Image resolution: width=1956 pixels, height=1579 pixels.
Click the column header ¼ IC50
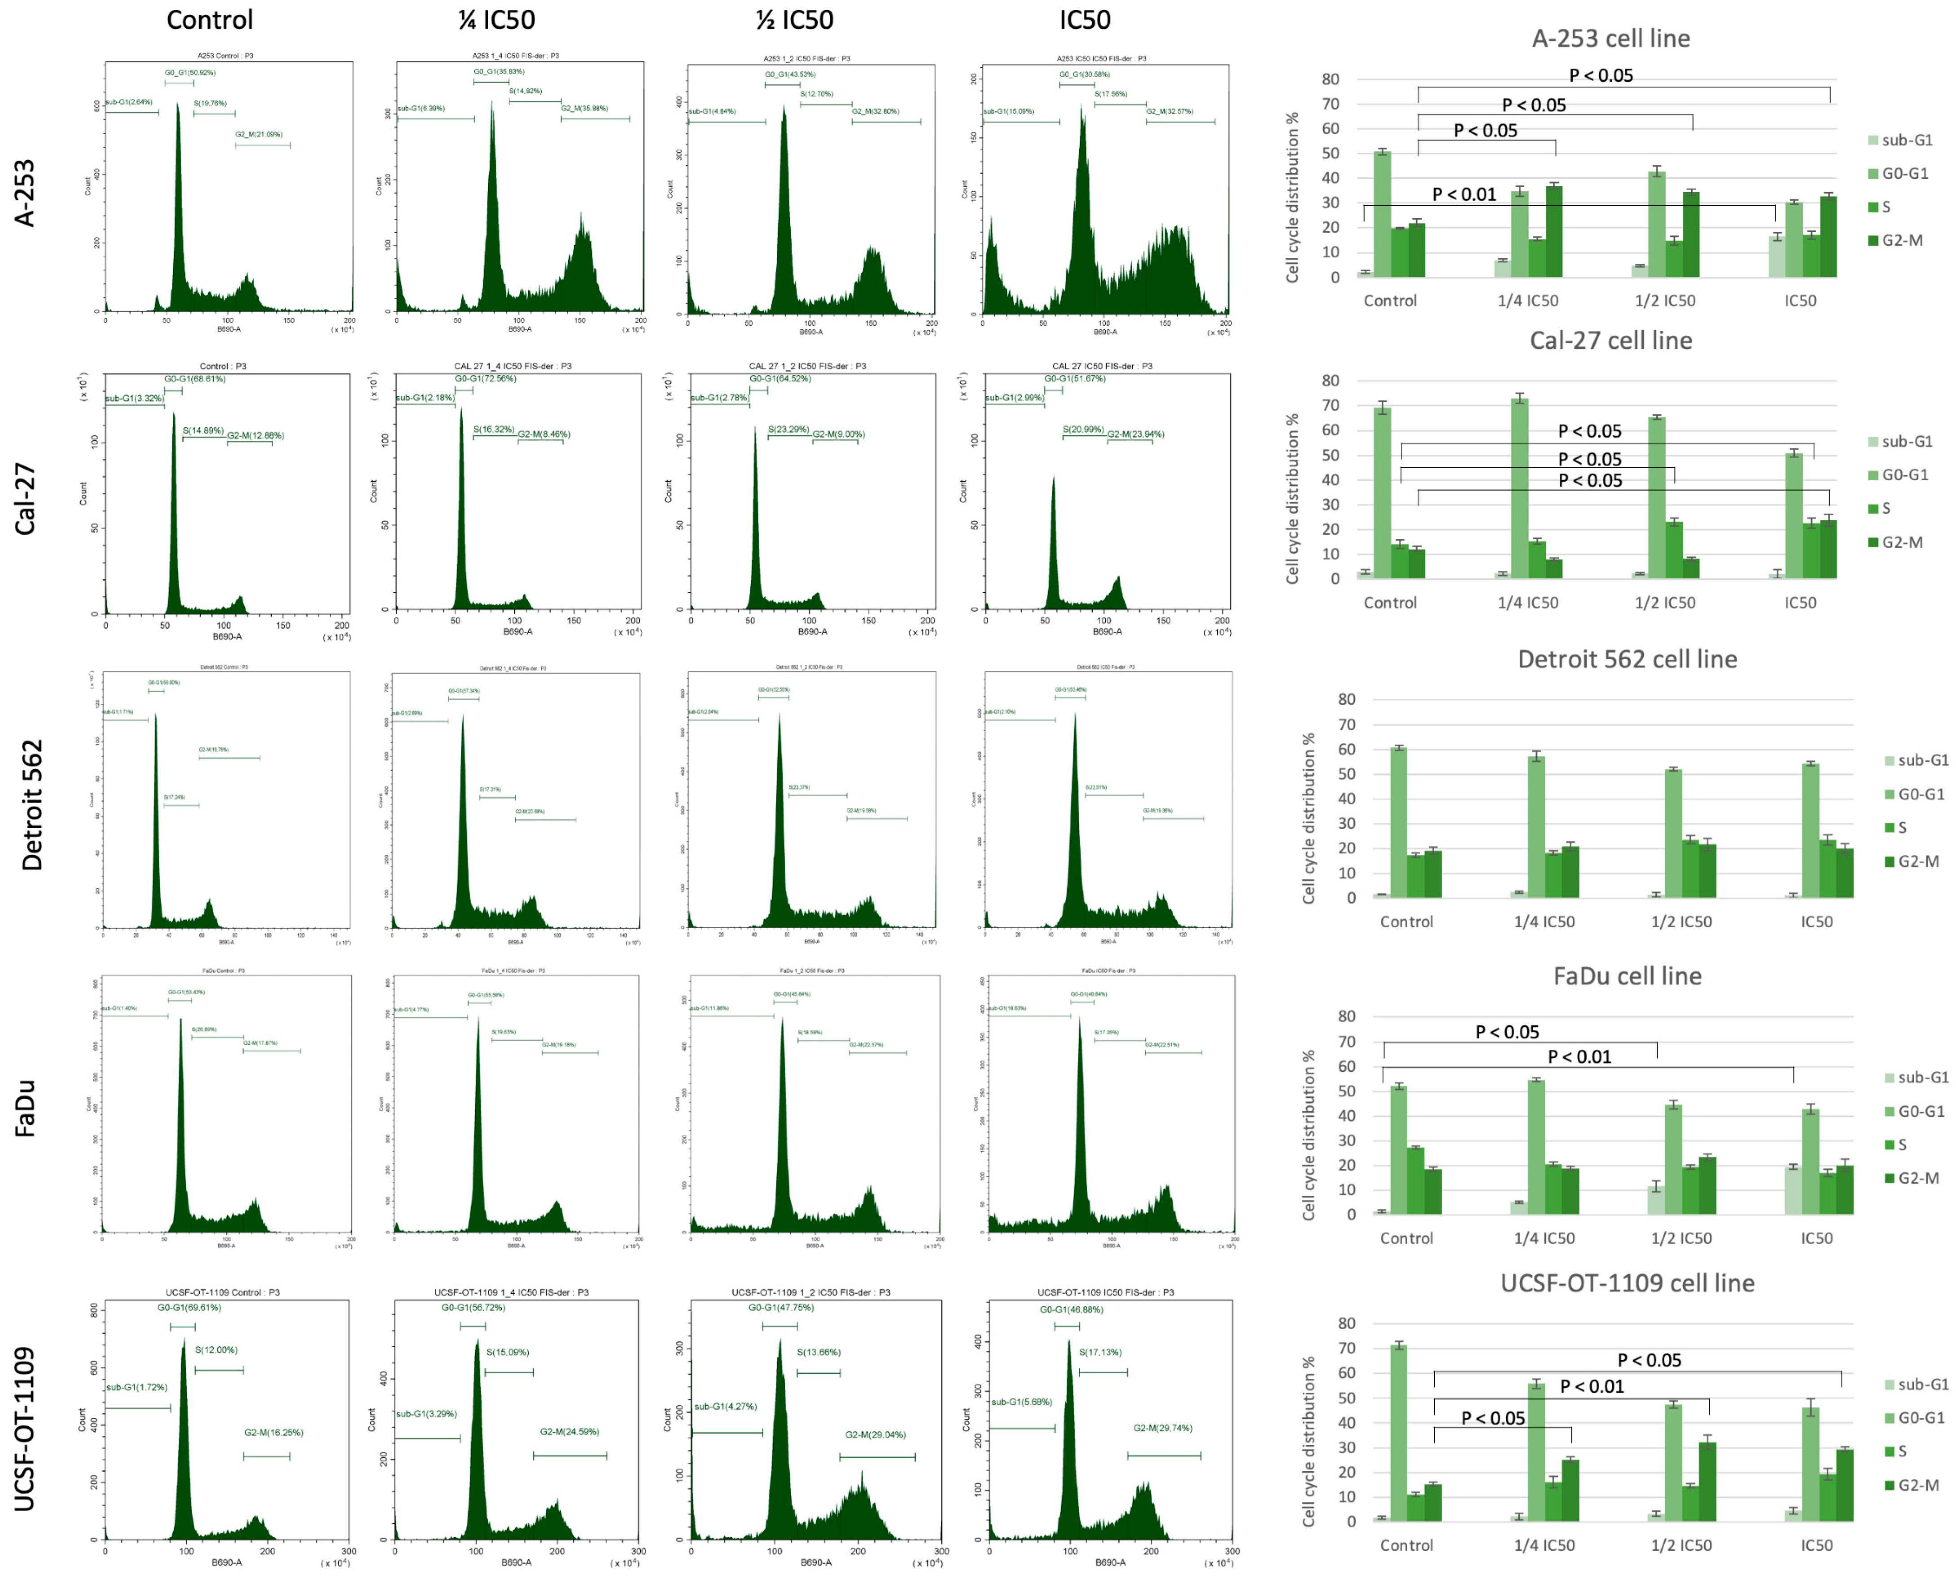point(496,20)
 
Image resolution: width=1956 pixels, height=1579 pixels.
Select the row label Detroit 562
point(32,805)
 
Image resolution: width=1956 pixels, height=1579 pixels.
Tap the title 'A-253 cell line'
point(1610,38)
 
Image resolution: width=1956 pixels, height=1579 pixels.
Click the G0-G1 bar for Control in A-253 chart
point(1381,214)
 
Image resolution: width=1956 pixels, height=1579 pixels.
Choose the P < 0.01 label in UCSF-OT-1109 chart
point(1591,1386)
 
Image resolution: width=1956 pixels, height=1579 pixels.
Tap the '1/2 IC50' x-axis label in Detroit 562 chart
point(1680,921)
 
